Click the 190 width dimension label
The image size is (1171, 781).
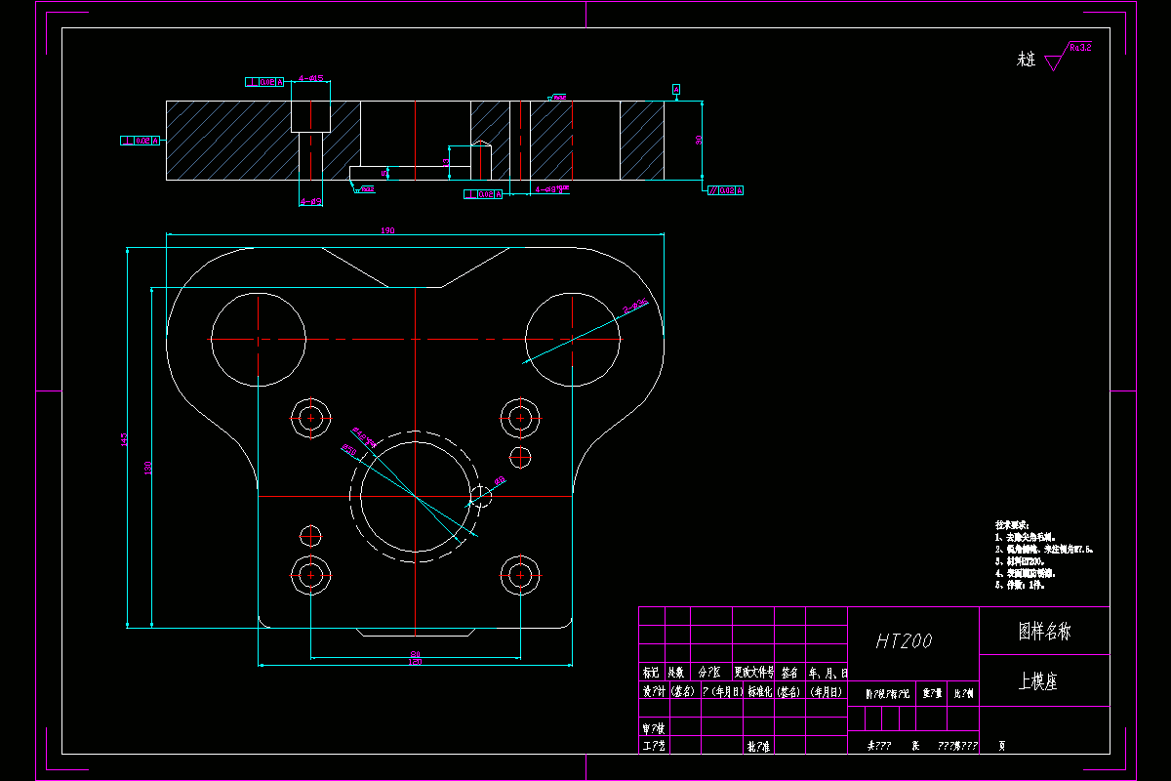[387, 230]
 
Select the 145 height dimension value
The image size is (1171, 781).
[124, 438]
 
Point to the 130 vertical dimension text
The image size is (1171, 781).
[148, 468]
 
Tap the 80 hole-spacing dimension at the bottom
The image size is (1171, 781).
[415, 654]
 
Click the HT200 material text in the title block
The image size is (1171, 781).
[904, 640]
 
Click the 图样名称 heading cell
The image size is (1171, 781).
[1043, 632]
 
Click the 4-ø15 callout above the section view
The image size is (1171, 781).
[311, 78]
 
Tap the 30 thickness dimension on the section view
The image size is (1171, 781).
[699, 141]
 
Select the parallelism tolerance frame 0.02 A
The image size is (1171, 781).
[725, 190]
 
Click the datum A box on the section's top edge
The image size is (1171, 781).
[676, 90]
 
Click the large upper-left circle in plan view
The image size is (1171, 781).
[258, 339]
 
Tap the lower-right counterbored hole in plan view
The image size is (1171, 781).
[519, 576]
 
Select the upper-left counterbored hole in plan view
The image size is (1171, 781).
[311, 418]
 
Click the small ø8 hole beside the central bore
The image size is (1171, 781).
[480, 496]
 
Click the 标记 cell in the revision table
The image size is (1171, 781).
[651, 673]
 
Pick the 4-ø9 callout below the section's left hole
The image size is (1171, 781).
[311, 201]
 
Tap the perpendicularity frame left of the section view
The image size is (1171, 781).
[140, 141]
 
